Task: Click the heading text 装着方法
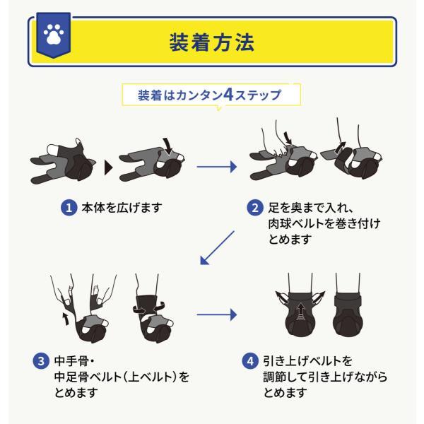click(x=212, y=42)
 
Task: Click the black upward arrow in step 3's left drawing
click(x=66, y=319)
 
